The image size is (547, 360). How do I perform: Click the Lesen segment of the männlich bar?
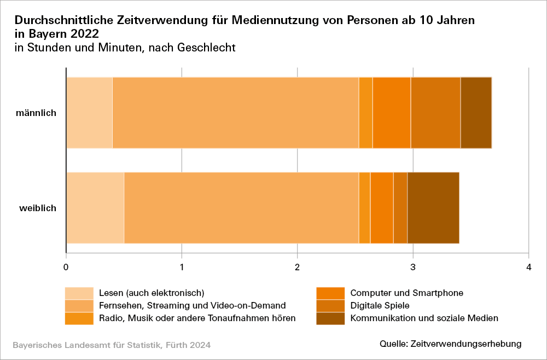pyautogui.click(x=89, y=113)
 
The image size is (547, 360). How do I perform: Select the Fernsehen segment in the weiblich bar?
pyautogui.click(x=241, y=208)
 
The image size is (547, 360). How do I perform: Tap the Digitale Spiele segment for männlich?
pyautogui.click(x=435, y=113)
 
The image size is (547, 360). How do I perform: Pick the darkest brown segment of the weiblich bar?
pyautogui.click(x=433, y=208)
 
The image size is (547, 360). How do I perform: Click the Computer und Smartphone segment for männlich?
pyautogui.click(x=392, y=113)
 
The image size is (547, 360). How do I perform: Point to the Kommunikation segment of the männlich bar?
pyautogui.click(x=476, y=113)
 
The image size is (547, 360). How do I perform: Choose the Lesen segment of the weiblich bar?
pyautogui.click(x=95, y=208)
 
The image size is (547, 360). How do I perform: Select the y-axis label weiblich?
pyautogui.click(x=38, y=208)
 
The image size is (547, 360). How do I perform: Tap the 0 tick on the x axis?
pyautogui.click(x=66, y=266)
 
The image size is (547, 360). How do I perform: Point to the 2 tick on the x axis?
pyautogui.click(x=297, y=266)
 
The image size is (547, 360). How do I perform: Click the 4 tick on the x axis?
pyautogui.click(x=528, y=266)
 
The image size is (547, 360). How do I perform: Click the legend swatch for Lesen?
pyautogui.click(x=79, y=293)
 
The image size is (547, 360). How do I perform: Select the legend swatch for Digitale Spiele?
pyautogui.click(x=330, y=305)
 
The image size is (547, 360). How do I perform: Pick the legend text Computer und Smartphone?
pyautogui.click(x=406, y=293)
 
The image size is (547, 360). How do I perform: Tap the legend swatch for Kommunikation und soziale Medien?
pyautogui.click(x=330, y=318)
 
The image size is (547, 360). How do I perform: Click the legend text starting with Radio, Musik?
pyautogui.click(x=197, y=318)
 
